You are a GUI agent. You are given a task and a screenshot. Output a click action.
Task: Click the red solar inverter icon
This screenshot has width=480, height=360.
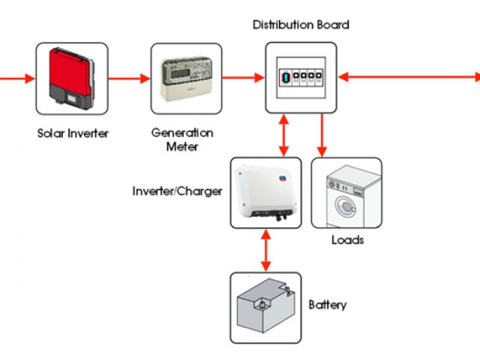click(x=72, y=79)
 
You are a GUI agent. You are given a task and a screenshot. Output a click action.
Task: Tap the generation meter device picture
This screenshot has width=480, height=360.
click(x=187, y=79)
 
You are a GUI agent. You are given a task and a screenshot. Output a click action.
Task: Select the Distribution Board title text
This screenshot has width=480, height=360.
click(x=301, y=25)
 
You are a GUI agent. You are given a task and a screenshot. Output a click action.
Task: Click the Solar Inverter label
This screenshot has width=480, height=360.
click(x=73, y=133)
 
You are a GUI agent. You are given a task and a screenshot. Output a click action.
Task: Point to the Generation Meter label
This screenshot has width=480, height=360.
click(x=182, y=139)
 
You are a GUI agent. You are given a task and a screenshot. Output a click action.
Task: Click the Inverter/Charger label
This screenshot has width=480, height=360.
click(x=177, y=191)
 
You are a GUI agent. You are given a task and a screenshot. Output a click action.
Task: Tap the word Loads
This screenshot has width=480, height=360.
click(x=347, y=240)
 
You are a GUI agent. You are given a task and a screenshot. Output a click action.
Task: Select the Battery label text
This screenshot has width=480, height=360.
click(x=328, y=304)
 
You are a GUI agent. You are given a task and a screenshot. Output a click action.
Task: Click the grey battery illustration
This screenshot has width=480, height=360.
click(x=266, y=305)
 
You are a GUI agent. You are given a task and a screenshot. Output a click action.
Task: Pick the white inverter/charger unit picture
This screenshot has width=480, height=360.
click(x=265, y=193)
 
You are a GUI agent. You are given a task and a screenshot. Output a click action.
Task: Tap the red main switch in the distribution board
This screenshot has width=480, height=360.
click(x=285, y=77)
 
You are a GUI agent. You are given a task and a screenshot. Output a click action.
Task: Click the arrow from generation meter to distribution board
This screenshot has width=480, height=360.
click(x=243, y=78)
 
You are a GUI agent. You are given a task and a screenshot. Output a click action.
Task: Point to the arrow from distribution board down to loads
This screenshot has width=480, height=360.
click(x=322, y=135)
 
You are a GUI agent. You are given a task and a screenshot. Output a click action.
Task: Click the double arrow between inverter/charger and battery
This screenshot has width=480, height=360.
click(x=266, y=250)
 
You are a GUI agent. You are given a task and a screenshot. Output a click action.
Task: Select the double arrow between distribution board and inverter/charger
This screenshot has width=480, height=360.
click(x=283, y=135)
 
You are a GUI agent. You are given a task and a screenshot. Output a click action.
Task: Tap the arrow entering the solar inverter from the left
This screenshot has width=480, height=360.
click(x=17, y=78)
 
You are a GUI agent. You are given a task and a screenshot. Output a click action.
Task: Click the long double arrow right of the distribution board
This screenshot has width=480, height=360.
click(x=409, y=76)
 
